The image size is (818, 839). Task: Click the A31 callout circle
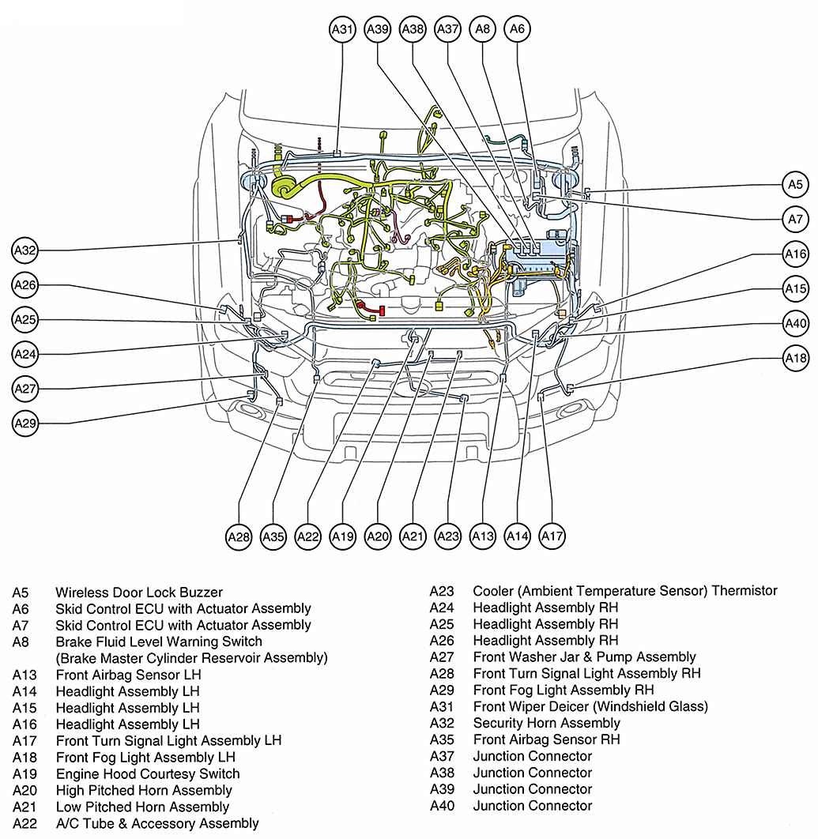pyautogui.click(x=342, y=29)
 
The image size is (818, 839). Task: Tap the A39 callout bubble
pyautogui.click(x=378, y=29)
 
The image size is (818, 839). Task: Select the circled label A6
pyautogui.click(x=517, y=29)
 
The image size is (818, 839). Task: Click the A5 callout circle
pyautogui.click(x=795, y=185)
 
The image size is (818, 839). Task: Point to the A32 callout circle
pyautogui.click(x=25, y=251)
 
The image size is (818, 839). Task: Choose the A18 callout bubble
pyautogui.click(x=795, y=358)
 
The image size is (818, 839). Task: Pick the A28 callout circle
pyautogui.click(x=239, y=537)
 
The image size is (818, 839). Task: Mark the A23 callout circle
pyautogui.click(x=448, y=537)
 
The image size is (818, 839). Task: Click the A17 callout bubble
pyautogui.click(x=552, y=537)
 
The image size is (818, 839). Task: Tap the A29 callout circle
pyautogui.click(x=25, y=423)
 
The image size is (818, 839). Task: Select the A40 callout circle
pyautogui.click(x=795, y=323)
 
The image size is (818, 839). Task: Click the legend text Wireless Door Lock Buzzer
pyautogui.click(x=139, y=593)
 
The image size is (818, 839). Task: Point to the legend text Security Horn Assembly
pyautogui.click(x=546, y=723)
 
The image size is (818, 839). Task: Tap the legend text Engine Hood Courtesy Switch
pyautogui.click(x=148, y=774)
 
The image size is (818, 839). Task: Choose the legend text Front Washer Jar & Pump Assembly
pyautogui.click(x=584, y=657)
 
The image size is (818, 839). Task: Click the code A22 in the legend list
pyautogui.click(x=25, y=823)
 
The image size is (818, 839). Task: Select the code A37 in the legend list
pyautogui.click(x=443, y=756)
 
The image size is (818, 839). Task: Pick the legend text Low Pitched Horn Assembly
pyautogui.click(x=142, y=807)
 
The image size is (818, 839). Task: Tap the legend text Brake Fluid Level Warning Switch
pyautogui.click(x=159, y=641)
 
